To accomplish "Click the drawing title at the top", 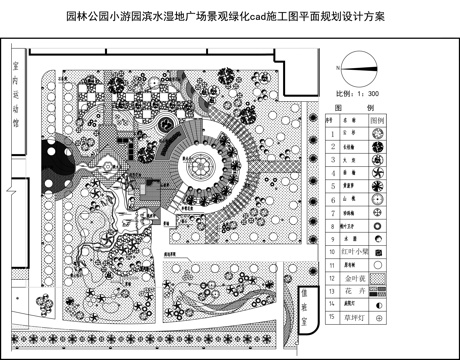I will tap(230, 18).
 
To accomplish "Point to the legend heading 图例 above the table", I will tap(353, 106).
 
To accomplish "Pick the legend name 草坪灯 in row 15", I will tap(354, 320).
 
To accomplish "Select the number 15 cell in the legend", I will tap(331, 320).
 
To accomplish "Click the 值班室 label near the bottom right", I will tap(303, 305).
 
